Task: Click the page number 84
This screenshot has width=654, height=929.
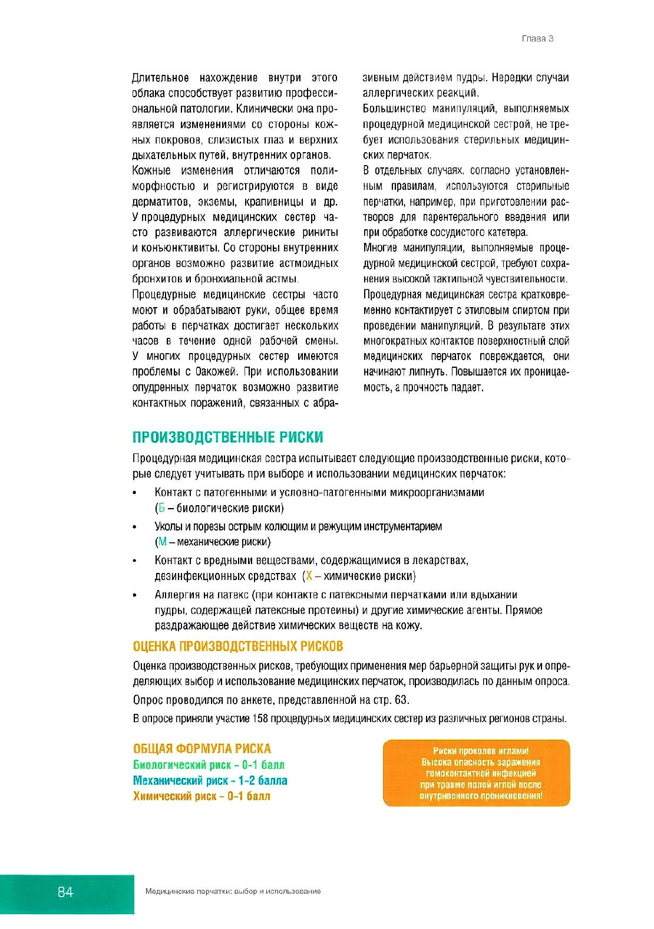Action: coord(65,892)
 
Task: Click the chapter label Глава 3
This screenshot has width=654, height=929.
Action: coord(537,39)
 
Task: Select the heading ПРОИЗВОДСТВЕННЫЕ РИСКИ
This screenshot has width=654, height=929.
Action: coord(227,437)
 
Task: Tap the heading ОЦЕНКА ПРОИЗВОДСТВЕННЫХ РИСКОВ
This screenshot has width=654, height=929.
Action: coord(238,647)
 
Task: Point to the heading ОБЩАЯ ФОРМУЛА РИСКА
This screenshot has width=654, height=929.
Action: coord(202,749)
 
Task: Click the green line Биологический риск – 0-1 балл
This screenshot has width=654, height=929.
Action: coord(209,765)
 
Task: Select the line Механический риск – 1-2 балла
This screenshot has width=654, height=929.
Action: coord(210,780)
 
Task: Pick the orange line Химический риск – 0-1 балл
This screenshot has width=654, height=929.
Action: coord(202,796)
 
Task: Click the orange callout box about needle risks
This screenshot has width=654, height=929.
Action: coord(477,773)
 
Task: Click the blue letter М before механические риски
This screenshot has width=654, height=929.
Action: coord(163,542)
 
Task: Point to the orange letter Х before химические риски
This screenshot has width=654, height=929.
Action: coord(309,576)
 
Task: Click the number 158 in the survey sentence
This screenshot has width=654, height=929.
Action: coord(260,719)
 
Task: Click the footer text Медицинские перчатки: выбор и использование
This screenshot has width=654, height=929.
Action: coord(233,892)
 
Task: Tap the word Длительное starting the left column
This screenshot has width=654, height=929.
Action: coord(160,78)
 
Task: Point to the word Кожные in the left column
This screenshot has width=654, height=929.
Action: coord(151,170)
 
